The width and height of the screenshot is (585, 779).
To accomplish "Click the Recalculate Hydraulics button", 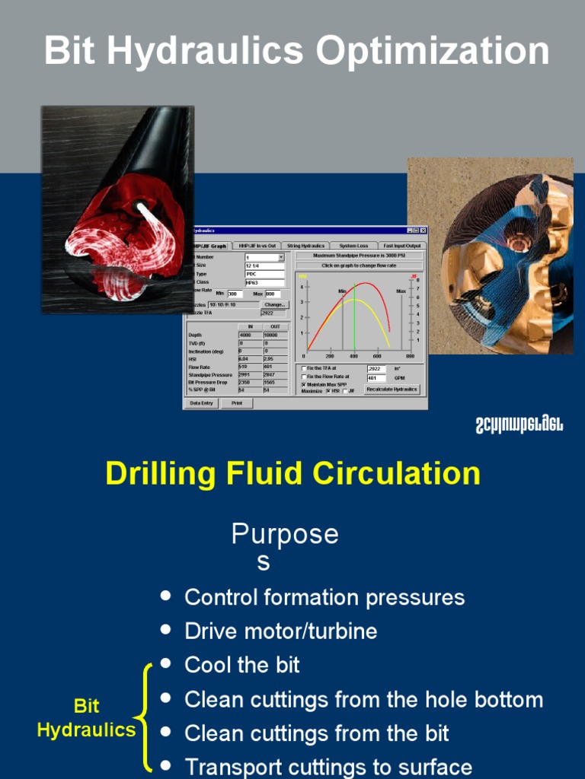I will (x=392, y=389).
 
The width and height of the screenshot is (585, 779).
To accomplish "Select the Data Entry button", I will (x=202, y=403).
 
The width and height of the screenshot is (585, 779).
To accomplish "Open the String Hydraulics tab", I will (x=305, y=246).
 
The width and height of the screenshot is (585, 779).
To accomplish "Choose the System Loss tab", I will (x=353, y=246).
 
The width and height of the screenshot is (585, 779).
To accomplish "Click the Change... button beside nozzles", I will (x=274, y=304).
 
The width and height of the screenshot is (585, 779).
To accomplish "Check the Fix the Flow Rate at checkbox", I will (x=303, y=377).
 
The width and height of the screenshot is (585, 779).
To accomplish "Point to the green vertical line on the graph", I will (x=355, y=320).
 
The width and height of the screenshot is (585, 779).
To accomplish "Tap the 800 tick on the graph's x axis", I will (x=410, y=355).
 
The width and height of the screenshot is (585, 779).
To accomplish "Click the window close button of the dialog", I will (x=424, y=231).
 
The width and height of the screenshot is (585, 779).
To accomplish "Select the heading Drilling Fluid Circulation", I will (x=292, y=473).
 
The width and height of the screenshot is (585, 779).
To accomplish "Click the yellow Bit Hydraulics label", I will (x=86, y=718).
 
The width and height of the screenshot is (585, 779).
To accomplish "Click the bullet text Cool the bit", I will (x=241, y=665).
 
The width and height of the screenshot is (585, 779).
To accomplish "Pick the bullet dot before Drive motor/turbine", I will (x=166, y=631).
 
